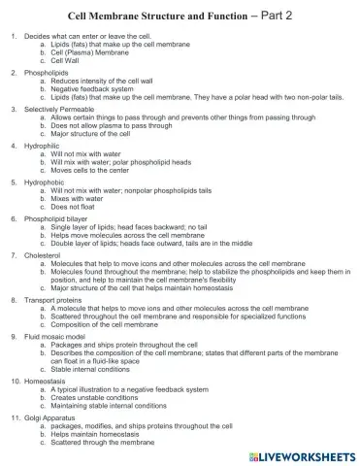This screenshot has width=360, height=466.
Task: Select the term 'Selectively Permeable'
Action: pos(56,109)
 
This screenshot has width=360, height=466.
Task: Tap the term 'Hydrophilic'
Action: pos(42,146)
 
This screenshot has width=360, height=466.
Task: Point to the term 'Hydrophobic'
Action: pos(44,182)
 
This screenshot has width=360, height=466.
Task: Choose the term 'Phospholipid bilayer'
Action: pos(54,218)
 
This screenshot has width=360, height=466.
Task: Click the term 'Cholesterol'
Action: pos(42,255)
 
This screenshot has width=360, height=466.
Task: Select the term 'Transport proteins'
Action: pos(50,300)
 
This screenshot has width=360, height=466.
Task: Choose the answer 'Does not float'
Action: pos(78,206)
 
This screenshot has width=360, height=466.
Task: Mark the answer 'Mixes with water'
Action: pos(81,198)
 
